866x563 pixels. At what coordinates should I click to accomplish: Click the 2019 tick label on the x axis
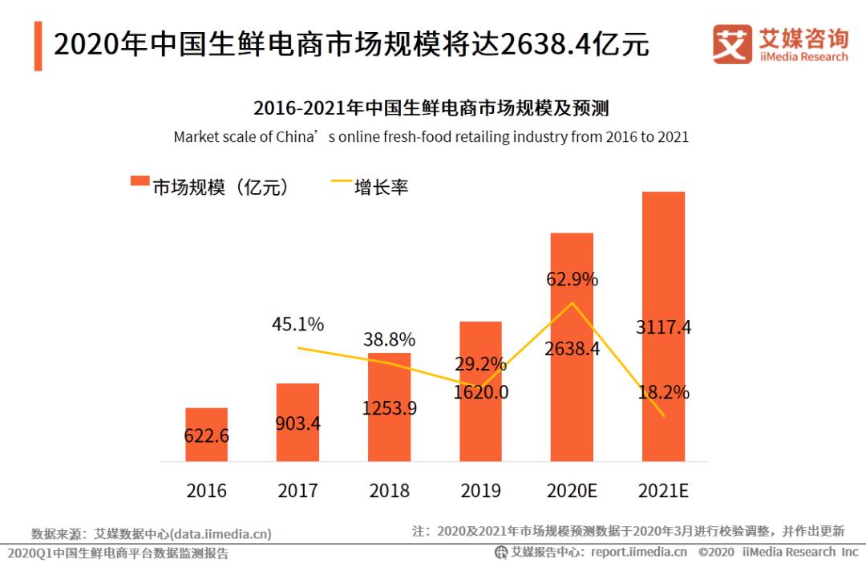coord(480,491)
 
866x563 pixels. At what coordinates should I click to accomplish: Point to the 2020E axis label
coord(573,491)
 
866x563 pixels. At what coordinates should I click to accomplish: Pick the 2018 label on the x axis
coord(389,491)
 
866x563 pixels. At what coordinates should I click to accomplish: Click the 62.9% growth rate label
coord(572,280)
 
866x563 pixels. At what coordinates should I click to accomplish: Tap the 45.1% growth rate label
coord(297,325)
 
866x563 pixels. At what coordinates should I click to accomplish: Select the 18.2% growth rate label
coord(663,393)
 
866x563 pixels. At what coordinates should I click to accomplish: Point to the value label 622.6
coord(206,437)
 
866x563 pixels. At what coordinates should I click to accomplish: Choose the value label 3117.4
coord(663,327)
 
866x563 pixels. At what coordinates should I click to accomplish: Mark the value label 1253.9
coord(389,408)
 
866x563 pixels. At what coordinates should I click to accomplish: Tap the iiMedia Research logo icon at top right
coord(732,45)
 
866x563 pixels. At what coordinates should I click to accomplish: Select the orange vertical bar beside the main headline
coord(38,46)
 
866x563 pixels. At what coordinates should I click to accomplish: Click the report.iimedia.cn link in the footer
coord(638,552)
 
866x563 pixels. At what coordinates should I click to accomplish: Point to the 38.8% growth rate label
coord(389,339)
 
